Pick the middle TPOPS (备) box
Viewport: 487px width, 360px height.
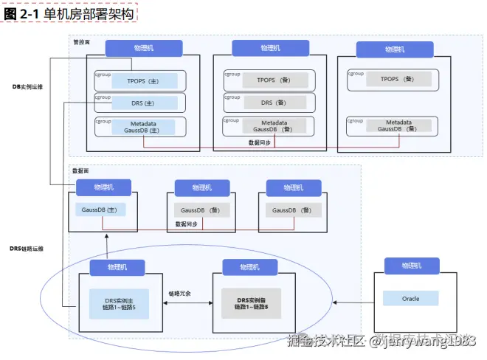[270, 80]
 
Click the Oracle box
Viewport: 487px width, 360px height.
[410, 299]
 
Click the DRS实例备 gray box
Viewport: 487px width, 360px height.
[250, 303]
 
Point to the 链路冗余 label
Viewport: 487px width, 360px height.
[179, 293]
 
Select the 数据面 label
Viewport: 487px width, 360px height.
[80, 170]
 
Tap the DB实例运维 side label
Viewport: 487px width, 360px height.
[27, 87]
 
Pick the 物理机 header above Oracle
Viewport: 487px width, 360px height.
[411, 266]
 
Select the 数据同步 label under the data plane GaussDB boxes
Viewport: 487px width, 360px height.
[186, 224]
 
